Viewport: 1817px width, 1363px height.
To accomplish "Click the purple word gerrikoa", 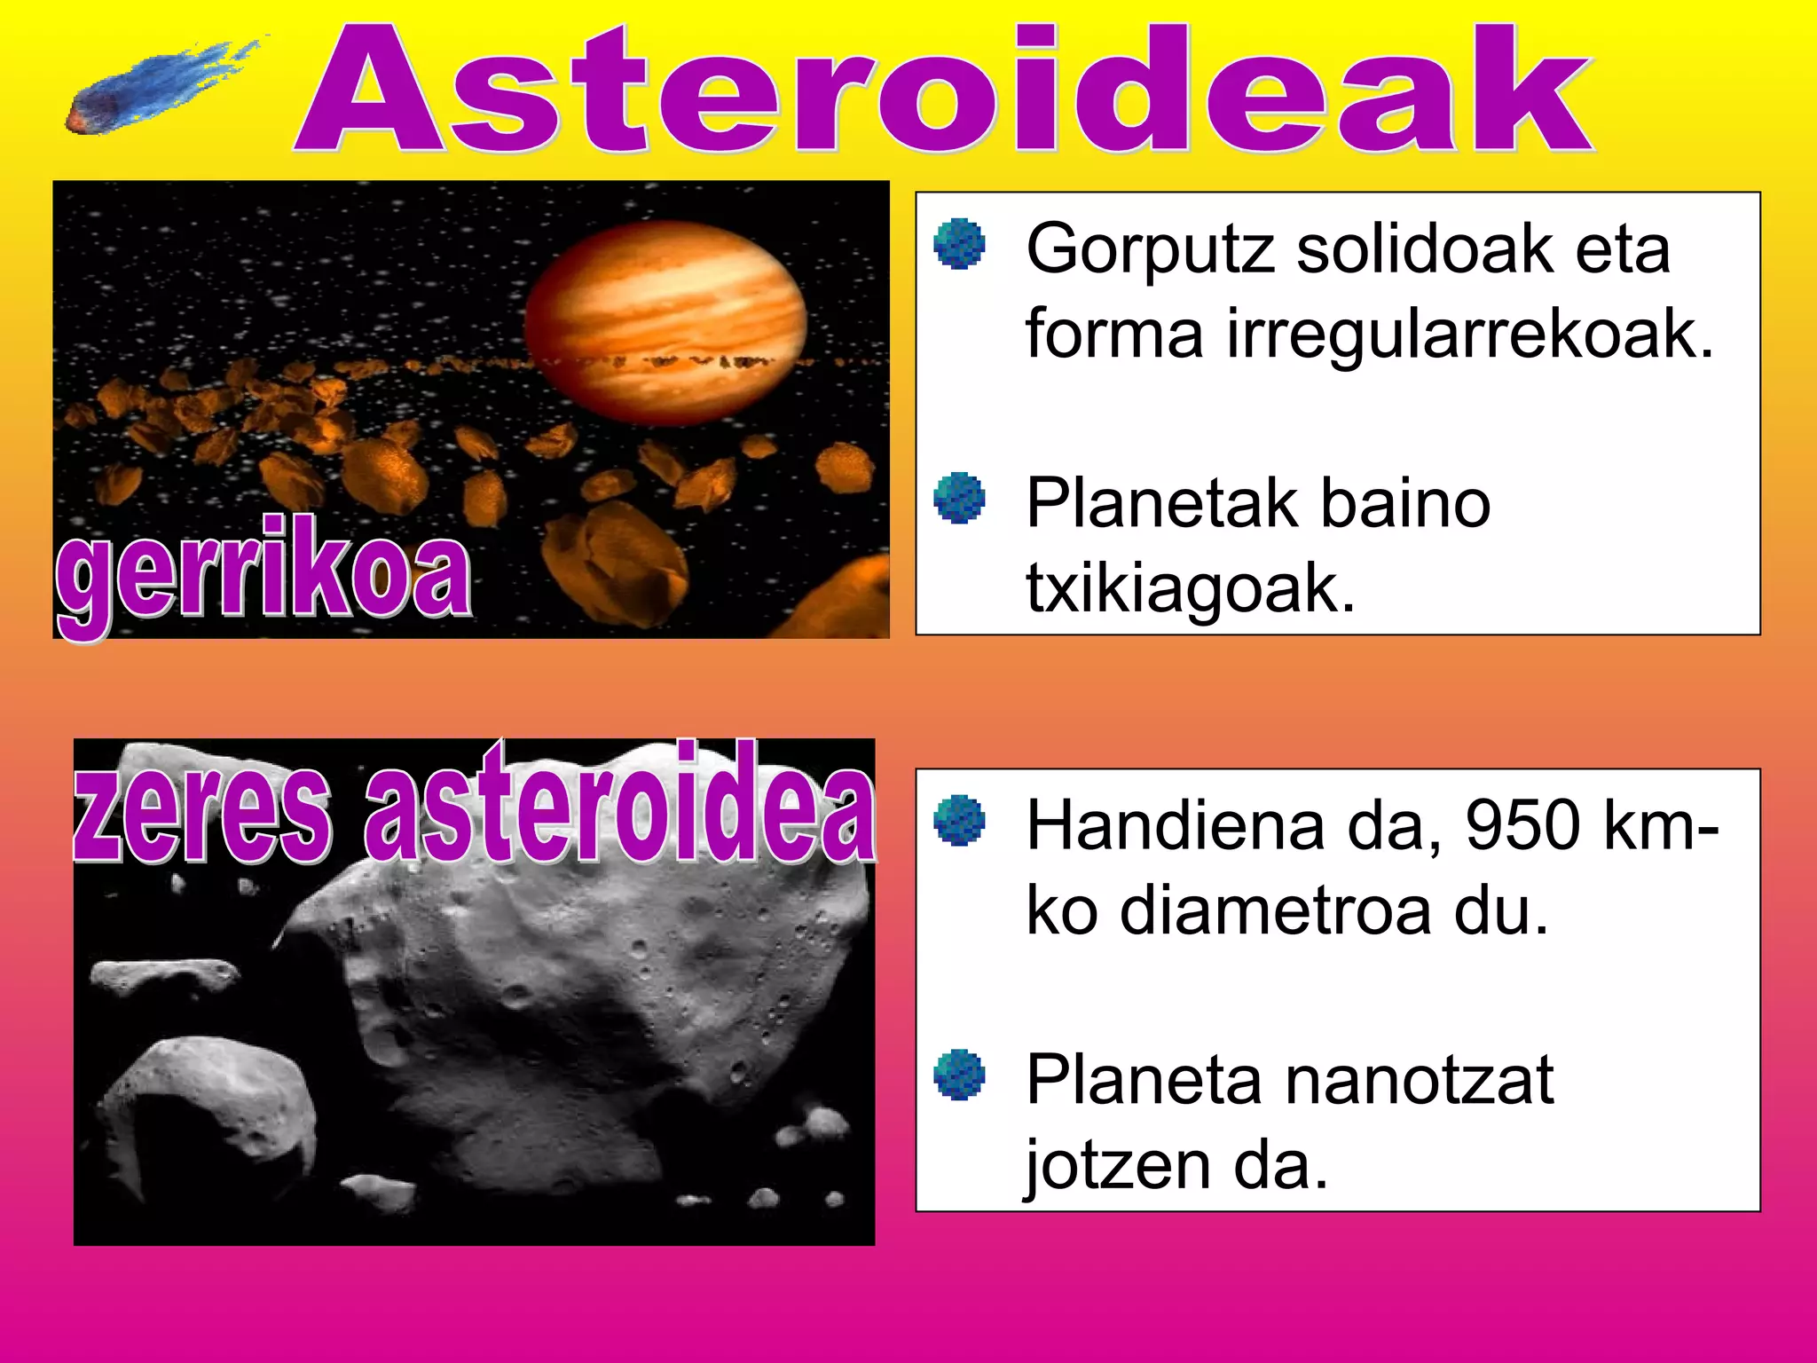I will [x=264, y=572].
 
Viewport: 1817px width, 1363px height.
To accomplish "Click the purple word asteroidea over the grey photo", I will [x=619, y=803].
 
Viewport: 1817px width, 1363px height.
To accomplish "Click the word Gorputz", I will [x=1151, y=251].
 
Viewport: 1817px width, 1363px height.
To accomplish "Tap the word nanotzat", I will [x=1419, y=1081].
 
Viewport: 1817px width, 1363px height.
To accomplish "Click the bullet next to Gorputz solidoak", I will [x=960, y=244].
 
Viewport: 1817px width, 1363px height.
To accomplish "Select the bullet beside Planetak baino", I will [x=960, y=499].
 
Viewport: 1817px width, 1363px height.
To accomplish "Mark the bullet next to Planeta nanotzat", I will [x=960, y=1075].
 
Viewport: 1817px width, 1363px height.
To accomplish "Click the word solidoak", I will [x=1424, y=249].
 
